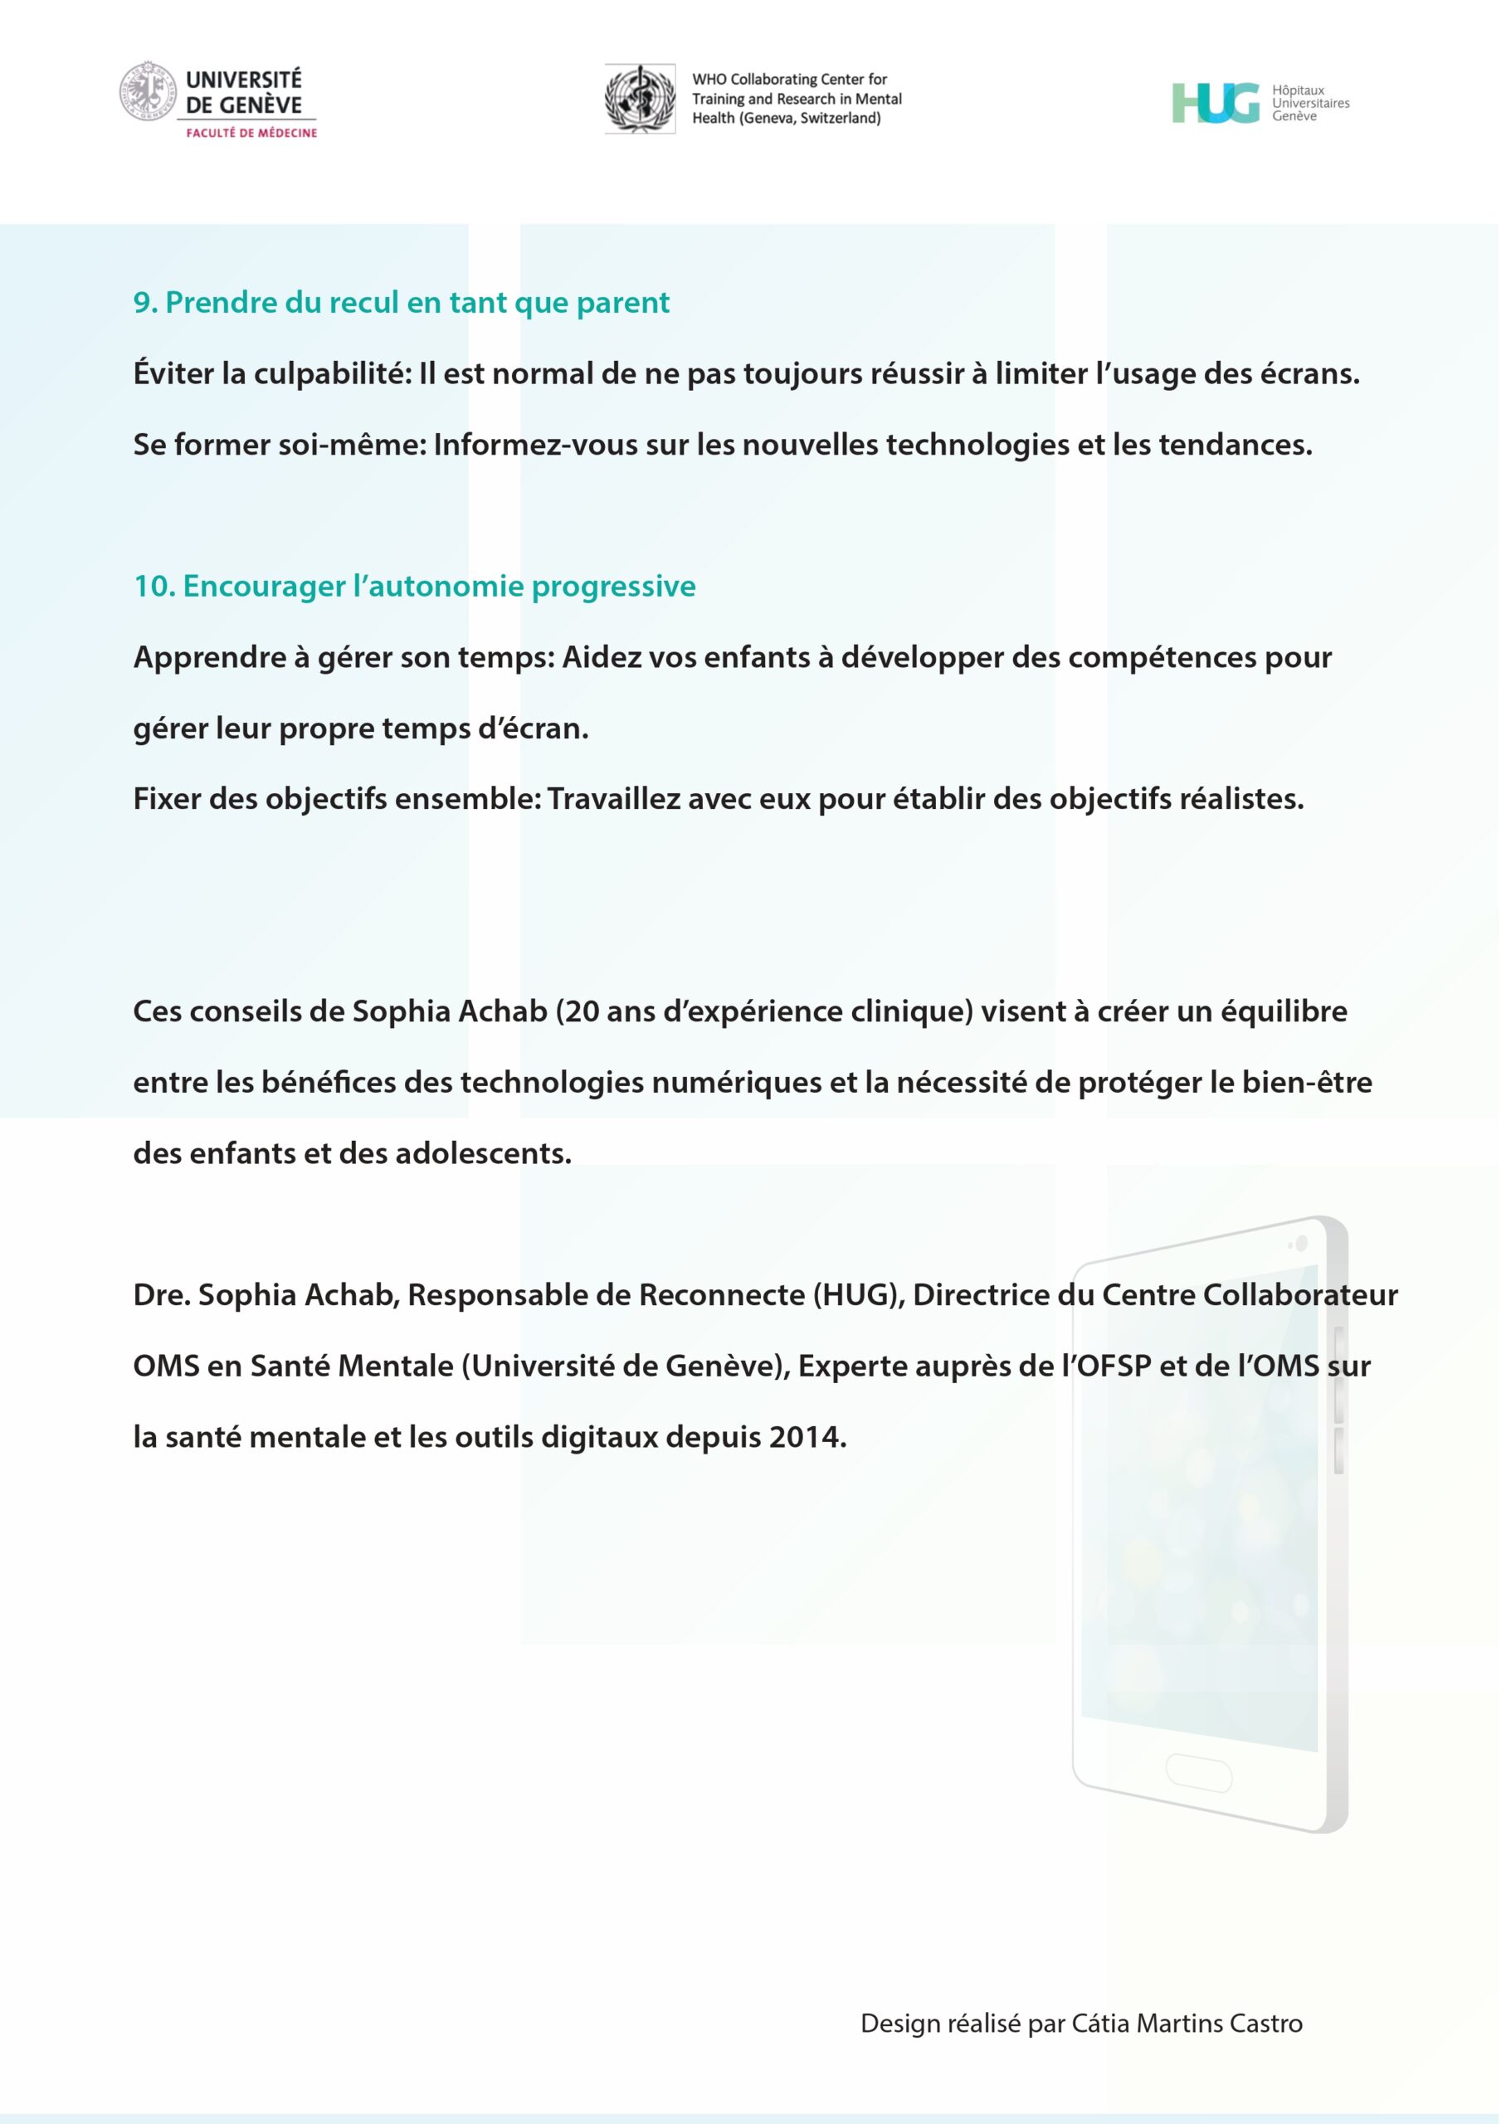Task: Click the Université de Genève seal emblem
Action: point(147,91)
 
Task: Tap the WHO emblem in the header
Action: point(640,99)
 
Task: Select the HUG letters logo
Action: point(1215,102)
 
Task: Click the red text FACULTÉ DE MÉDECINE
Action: point(251,133)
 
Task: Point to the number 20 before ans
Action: point(582,1011)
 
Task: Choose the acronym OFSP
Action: point(1113,1366)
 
